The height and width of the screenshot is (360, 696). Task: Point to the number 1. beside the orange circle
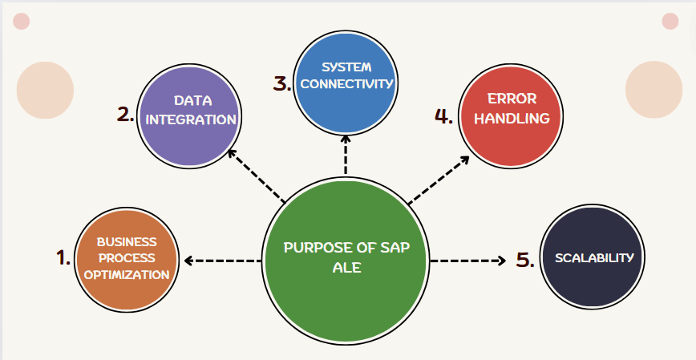point(63,258)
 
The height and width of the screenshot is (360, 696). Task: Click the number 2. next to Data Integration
point(125,114)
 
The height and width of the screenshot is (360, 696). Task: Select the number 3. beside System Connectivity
point(281,83)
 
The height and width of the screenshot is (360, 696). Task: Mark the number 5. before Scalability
point(525,260)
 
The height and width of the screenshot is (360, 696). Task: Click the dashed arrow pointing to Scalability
point(467,261)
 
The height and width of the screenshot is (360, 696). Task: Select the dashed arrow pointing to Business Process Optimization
point(222,261)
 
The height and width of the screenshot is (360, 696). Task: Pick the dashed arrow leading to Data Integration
point(256,174)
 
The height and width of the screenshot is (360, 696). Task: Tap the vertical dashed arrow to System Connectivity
point(346,154)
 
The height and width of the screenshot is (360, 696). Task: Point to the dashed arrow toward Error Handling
point(439,178)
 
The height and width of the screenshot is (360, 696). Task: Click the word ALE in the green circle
point(346,268)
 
